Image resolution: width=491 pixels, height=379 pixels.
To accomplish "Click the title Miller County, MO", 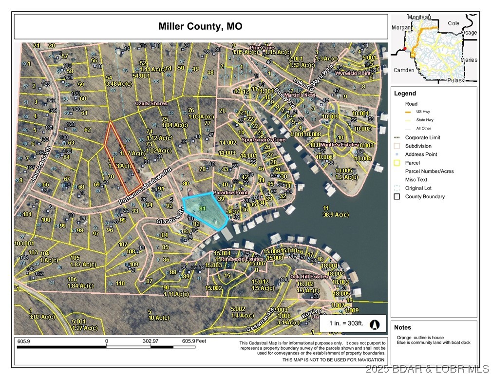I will point(200,26).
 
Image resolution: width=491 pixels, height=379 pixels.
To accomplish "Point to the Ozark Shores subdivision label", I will point(151,103).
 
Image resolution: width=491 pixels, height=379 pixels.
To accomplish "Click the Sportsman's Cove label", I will point(263,139).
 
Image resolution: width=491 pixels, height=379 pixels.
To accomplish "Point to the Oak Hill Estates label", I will point(309,276).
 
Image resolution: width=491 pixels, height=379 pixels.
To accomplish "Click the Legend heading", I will point(405,93).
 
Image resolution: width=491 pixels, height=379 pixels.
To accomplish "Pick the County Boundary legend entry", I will point(425,197).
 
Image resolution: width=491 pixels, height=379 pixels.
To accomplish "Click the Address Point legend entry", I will point(421,154).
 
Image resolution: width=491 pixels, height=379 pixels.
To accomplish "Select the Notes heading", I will point(403,327).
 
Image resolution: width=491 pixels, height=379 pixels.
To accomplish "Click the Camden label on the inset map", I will point(404,70).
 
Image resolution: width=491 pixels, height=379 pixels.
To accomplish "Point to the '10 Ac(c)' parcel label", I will point(158,318).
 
